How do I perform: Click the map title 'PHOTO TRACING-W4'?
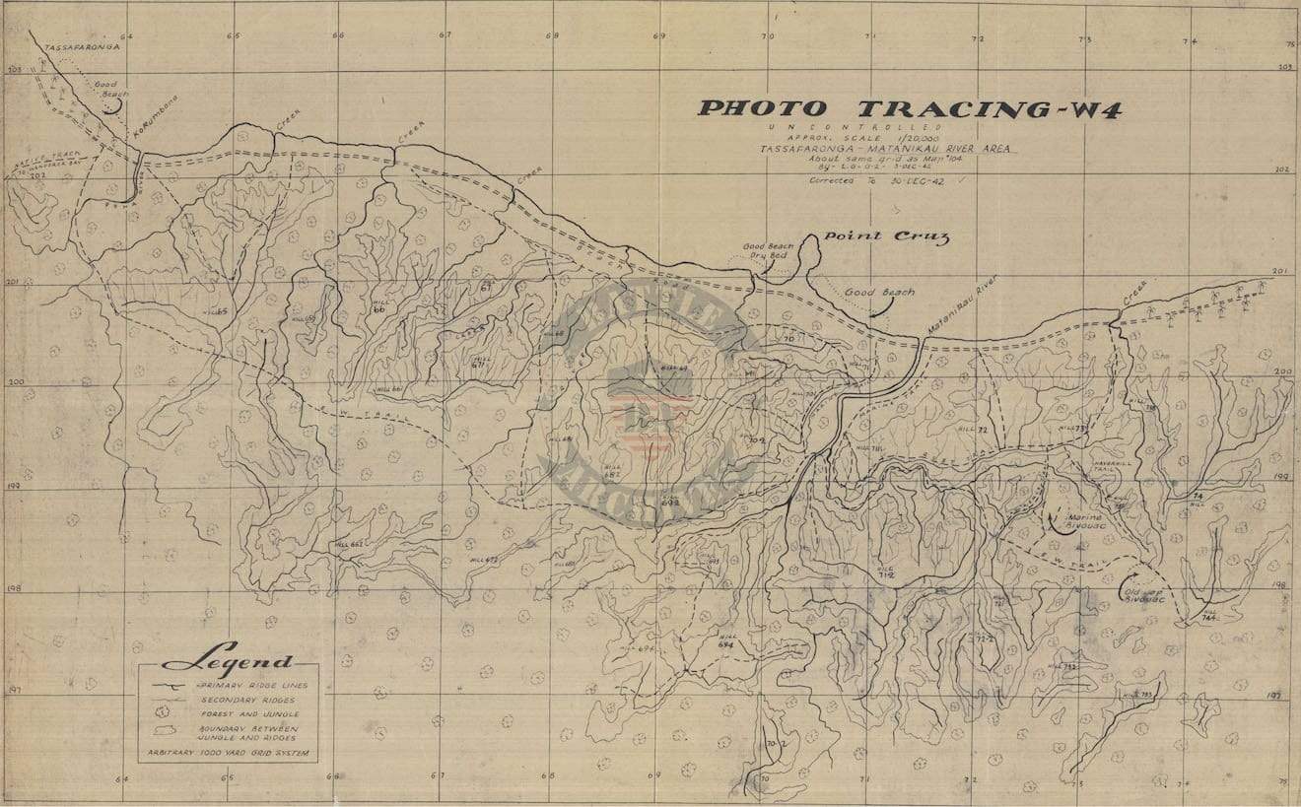pyautogui.click(x=908, y=109)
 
